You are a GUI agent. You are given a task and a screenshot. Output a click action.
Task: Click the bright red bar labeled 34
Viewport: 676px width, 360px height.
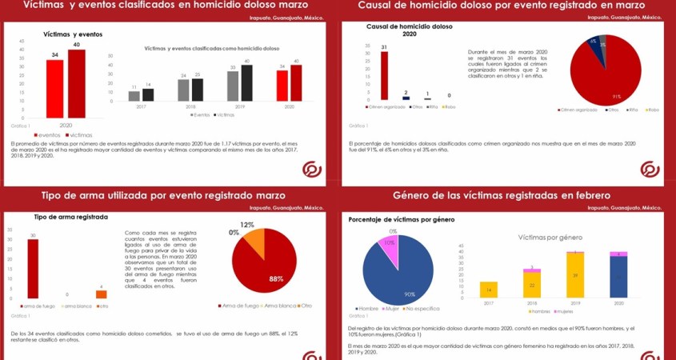54,89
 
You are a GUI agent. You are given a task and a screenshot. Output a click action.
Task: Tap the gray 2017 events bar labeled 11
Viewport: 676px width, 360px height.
134,96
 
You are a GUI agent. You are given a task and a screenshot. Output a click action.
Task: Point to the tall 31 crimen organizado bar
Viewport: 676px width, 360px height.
384,75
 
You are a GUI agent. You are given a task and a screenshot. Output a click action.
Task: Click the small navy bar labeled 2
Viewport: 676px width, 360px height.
406,98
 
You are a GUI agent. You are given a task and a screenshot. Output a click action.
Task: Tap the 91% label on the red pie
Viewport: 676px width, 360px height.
617,97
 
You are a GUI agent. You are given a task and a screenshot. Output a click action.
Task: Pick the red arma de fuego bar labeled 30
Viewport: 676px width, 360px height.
33,268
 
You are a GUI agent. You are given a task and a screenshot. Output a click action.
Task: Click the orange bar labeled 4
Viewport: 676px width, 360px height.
101,294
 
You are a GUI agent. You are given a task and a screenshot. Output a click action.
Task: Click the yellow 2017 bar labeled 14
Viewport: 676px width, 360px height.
489,290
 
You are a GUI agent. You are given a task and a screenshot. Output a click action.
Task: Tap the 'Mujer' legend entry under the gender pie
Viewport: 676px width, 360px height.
392,308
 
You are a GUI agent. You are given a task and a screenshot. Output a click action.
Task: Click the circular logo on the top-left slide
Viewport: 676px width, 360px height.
312,170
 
